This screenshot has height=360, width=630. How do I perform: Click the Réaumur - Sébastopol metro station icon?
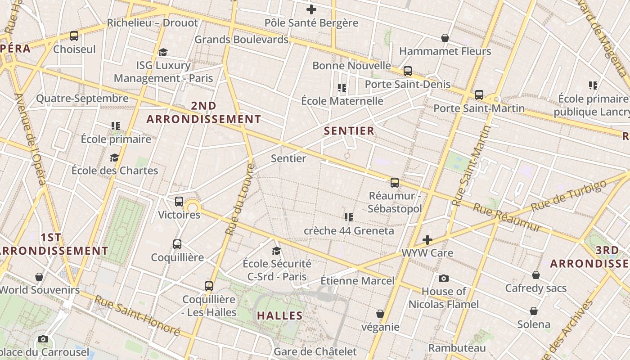tap(395, 182)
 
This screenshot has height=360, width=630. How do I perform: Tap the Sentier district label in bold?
tap(349, 131)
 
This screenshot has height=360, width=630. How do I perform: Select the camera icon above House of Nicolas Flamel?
tap(443, 278)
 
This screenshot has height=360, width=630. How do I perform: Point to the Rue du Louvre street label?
tap(240, 199)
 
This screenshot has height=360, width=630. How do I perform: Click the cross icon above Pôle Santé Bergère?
tap(311, 9)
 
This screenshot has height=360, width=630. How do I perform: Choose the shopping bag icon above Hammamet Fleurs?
tap(445, 38)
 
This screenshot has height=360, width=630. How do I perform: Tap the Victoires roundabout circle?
tap(193, 207)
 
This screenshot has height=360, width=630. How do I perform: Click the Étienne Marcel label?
tap(357, 281)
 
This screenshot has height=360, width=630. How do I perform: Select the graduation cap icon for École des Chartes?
tap(115, 157)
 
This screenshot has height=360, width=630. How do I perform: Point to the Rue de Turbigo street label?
tap(569, 196)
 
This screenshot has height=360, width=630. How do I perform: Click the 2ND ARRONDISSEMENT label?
tap(204, 112)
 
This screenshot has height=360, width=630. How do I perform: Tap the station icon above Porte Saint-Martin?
tap(479, 95)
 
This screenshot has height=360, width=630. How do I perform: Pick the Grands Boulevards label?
tap(241, 40)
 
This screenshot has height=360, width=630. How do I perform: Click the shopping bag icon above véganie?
tap(380, 314)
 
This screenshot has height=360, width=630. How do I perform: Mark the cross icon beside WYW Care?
tap(427, 240)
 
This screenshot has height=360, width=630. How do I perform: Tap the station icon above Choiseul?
tap(74, 36)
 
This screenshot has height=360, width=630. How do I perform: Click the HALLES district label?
tap(280, 315)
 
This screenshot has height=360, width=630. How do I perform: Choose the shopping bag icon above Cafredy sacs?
tap(536, 274)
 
